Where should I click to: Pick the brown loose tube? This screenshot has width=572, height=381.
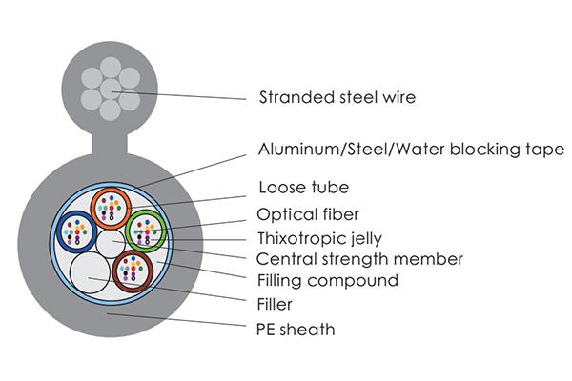coord(133,271)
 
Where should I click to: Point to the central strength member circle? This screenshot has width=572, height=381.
coord(112,245)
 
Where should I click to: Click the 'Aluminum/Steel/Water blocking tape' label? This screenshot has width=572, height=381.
coord(411,150)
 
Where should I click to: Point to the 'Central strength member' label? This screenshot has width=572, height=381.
coord(360,259)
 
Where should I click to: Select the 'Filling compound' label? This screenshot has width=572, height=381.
coord(328,281)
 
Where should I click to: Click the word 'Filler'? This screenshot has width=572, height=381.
coord(275,305)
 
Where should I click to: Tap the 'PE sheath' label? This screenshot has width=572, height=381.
coord(296,330)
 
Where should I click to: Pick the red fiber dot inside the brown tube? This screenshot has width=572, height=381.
coord(131,265)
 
